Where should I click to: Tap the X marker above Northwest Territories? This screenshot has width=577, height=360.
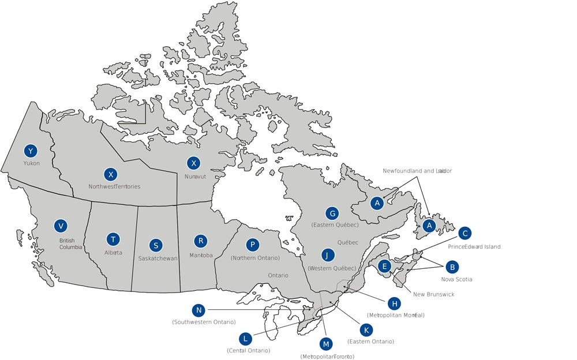(x=110, y=174)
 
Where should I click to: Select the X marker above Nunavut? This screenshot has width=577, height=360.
(x=194, y=163)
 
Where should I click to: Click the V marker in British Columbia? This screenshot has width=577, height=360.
(x=59, y=226)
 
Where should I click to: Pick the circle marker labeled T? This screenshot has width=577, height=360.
(x=113, y=239)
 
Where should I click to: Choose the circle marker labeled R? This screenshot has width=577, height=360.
(x=200, y=241)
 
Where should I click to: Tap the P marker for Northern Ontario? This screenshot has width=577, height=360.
(x=252, y=245)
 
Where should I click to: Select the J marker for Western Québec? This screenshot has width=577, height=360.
(x=328, y=255)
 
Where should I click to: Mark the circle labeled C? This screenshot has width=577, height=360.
(x=464, y=233)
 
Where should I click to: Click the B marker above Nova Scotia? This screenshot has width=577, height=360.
(x=452, y=267)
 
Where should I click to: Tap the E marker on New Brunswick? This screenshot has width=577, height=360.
(x=384, y=266)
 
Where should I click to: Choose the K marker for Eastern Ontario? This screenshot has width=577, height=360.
(x=366, y=329)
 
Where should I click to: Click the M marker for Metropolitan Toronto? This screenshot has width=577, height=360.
(x=327, y=344)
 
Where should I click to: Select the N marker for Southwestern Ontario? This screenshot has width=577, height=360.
(x=199, y=310)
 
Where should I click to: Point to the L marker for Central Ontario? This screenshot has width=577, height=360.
(x=246, y=338)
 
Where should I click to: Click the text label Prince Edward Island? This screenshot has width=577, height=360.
(x=474, y=247)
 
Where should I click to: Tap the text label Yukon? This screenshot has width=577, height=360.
(x=31, y=163)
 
